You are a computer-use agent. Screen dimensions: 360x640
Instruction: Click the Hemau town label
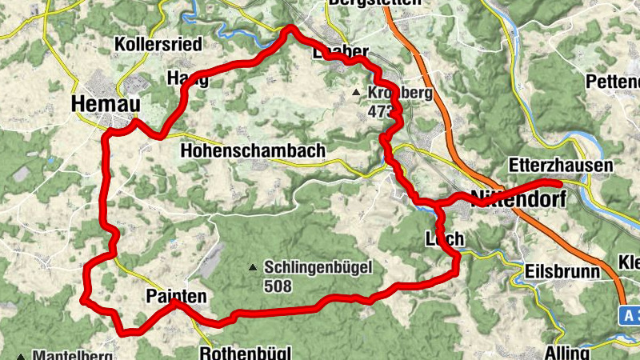[x=106, y=104]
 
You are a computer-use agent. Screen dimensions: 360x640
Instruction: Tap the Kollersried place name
[x=157, y=43]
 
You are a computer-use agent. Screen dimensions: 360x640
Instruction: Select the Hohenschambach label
[x=253, y=150]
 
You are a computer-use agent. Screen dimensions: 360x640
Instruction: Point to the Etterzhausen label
[x=561, y=166]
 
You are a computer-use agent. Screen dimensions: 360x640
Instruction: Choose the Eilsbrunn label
[x=562, y=272]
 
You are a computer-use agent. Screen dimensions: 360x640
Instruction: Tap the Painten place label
[x=177, y=297]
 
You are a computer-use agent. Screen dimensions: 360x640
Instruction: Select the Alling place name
[x=566, y=352]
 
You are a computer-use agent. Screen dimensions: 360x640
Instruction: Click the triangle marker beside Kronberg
[x=356, y=94]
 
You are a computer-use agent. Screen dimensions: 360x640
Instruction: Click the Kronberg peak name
[x=400, y=93]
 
